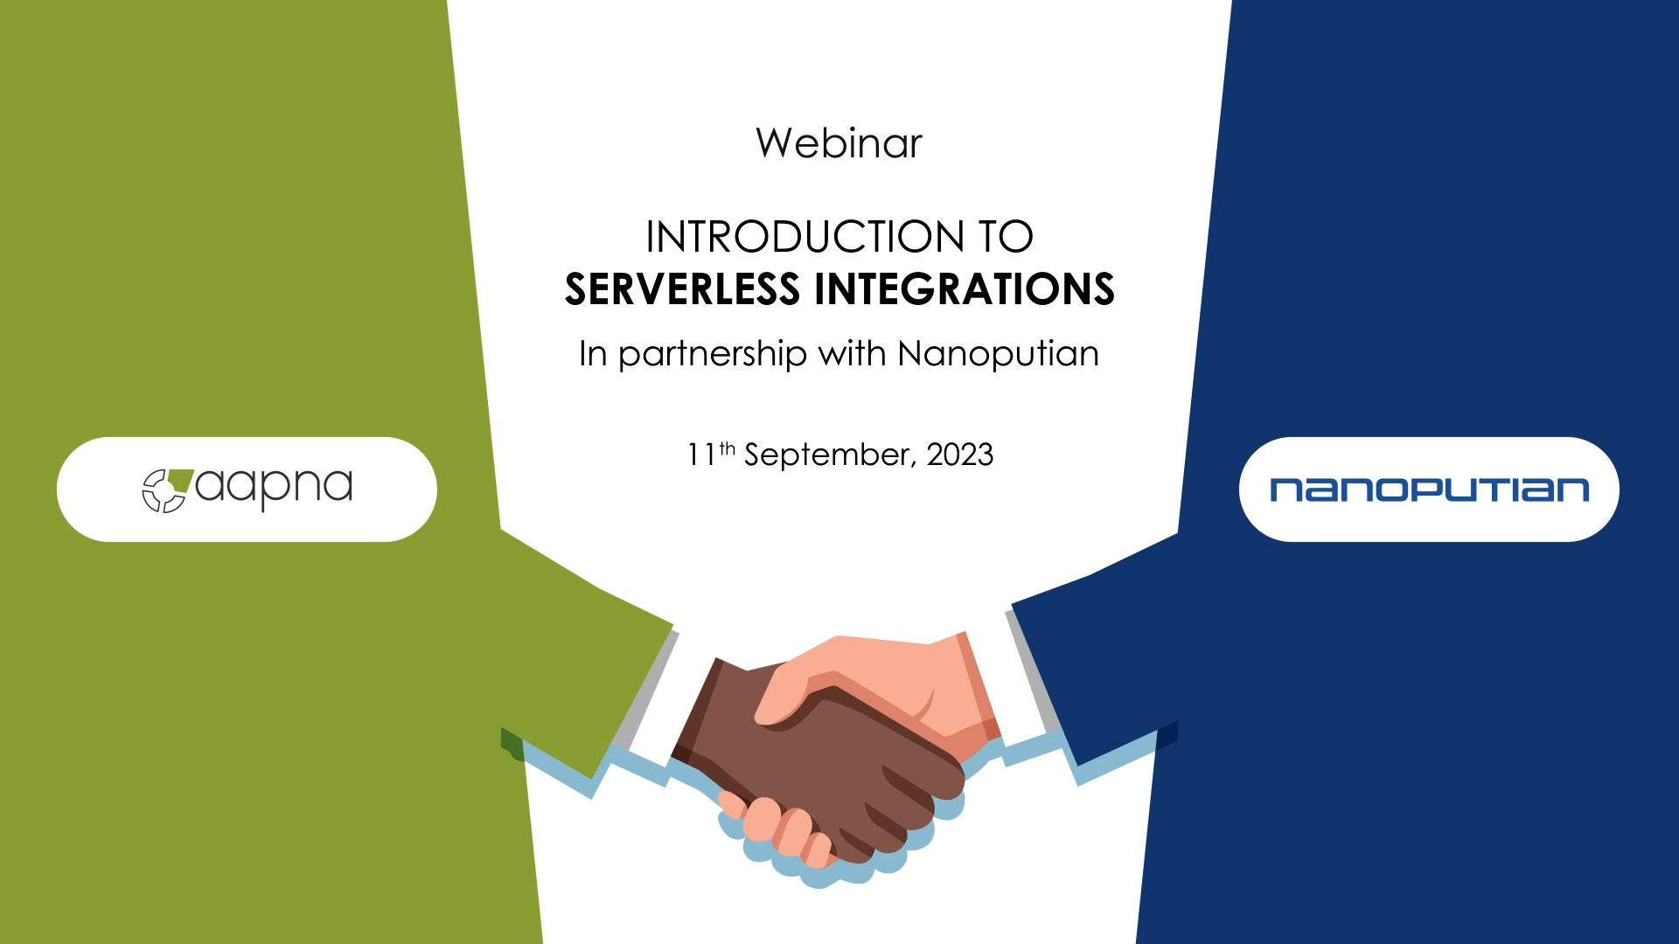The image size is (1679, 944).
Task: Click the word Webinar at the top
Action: (x=839, y=143)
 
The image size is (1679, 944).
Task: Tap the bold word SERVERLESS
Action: (x=682, y=289)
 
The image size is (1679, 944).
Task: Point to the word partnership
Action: (x=713, y=355)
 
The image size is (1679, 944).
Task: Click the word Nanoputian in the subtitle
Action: (x=998, y=354)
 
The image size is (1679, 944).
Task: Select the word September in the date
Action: (x=831, y=456)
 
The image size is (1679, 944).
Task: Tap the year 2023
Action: (x=960, y=455)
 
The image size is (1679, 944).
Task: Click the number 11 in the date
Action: (x=701, y=455)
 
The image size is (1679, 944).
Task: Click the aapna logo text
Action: (x=274, y=489)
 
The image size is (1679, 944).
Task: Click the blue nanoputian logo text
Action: (x=1429, y=489)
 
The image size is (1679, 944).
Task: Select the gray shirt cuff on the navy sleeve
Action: (x=1035, y=673)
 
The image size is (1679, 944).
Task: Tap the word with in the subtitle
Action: (x=852, y=353)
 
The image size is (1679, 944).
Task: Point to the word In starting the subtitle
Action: (x=592, y=353)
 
